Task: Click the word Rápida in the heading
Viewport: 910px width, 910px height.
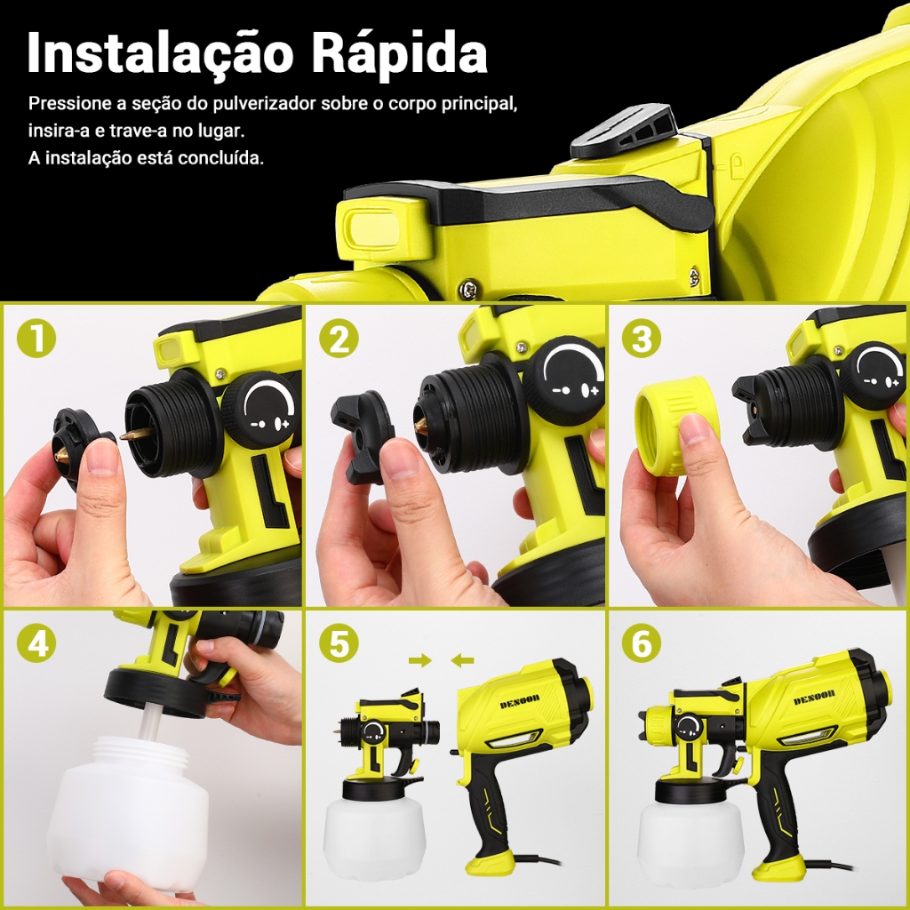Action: click(x=400, y=52)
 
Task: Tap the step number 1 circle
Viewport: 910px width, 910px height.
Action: click(x=36, y=338)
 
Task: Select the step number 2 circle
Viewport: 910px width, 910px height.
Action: click(x=339, y=338)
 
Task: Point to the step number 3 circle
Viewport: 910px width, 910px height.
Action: click(x=642, y=338)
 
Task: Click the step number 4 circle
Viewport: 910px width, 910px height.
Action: click(x=36, y=643)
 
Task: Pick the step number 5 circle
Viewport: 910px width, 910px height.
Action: click(x=339, y=643)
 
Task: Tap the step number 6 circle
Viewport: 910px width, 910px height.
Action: click(x=642, y=643)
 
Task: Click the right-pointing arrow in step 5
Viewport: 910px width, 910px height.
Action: click(x=420, y=660)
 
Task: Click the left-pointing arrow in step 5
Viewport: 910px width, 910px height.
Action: click(x=462, y=660)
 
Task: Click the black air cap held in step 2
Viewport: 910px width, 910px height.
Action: click(x=363, y=436)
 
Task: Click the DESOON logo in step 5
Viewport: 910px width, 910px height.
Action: click(x=519, y=700)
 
